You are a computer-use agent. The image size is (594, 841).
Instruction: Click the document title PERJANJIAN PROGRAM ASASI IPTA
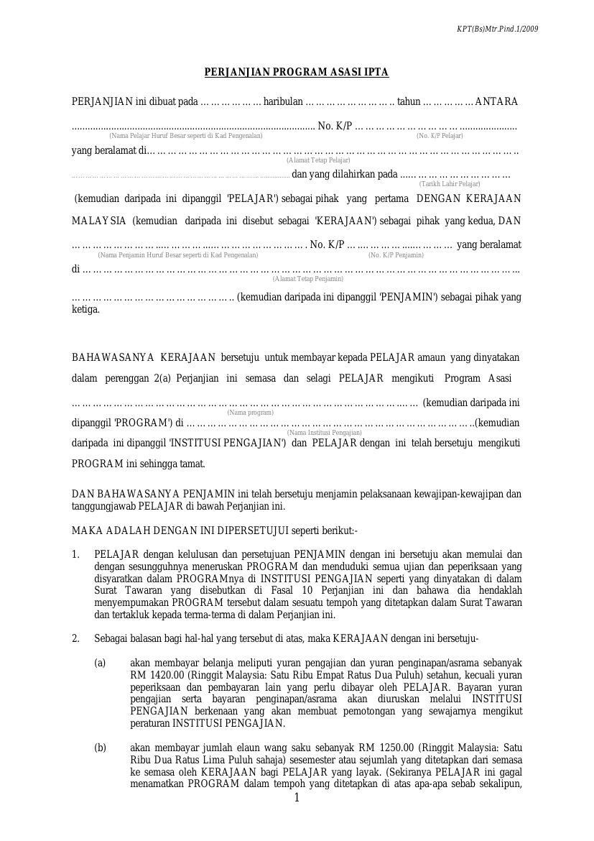coord(297,73)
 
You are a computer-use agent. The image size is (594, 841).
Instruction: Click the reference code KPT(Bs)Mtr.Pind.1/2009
coord(497,29)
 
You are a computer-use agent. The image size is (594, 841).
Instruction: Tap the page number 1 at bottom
coord(297,798)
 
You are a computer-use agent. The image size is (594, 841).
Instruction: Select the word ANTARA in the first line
coord(496,102)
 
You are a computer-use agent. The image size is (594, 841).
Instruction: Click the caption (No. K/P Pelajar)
coord(440,136)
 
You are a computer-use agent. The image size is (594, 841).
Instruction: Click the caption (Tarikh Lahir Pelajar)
coord(450,184)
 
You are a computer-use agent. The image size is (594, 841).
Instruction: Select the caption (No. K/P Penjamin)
coord(396,255)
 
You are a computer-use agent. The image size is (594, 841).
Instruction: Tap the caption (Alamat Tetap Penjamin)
coord(307,279)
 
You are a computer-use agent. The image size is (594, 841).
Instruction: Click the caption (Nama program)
coord(250,413)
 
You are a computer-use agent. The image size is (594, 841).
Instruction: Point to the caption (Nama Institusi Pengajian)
coord(324,433)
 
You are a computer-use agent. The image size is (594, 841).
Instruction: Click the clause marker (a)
coord(100,663)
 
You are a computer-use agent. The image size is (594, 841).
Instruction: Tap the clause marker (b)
coord(100,748)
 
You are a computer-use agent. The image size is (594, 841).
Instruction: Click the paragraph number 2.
coord(75,639)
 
